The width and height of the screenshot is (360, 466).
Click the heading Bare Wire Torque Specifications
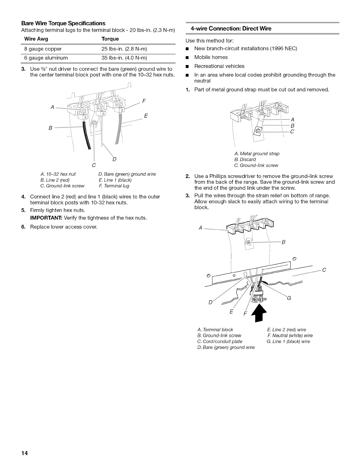point(63,23)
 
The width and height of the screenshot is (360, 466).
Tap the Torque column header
point(110,39)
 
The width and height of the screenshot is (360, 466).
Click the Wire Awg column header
point(36,39)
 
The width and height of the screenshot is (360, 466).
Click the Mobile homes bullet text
point(211,57)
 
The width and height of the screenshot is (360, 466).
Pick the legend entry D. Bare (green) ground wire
point(127,174)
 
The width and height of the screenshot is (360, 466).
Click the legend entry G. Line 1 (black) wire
point(288,342)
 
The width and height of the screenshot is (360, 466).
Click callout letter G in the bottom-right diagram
point(289,298)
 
